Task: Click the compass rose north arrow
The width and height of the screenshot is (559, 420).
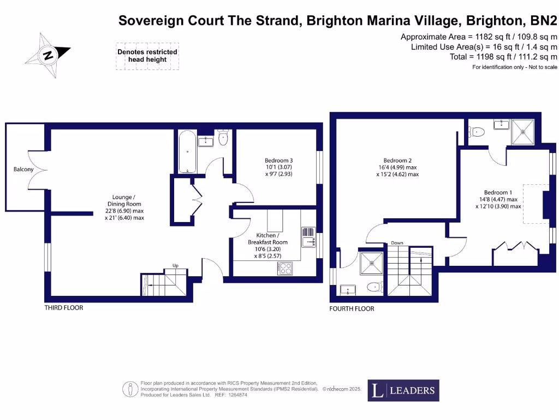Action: tap(49, 55)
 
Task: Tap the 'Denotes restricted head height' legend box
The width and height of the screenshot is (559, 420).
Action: tap(147, 56)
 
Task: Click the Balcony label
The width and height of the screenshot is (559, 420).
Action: tap(23, 170)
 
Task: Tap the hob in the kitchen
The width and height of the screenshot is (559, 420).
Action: tap(285, 268)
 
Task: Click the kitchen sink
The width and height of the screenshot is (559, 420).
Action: tap(308, 237)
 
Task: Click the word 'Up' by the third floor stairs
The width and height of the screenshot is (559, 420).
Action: tap(176, 266)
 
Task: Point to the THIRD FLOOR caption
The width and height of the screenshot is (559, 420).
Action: tap(64, 308)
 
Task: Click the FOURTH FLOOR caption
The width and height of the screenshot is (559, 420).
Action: tap(352, 309)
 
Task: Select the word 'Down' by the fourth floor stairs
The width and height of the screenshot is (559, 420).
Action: tap(397, 243)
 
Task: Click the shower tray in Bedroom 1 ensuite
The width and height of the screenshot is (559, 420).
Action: tap(523, 131)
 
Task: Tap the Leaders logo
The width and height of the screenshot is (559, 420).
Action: tap(403, 390)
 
